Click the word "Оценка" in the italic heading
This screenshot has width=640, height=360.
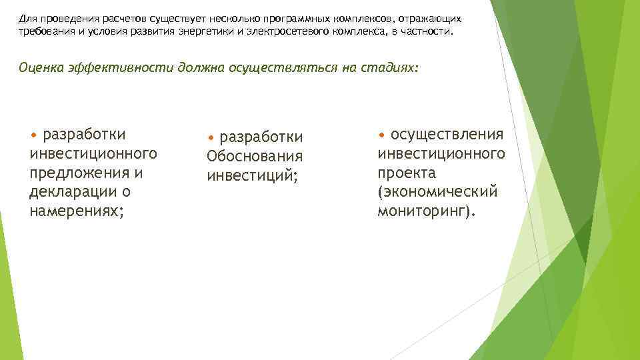(x=41, y=68)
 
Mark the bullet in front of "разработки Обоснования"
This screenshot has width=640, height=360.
(x=211, y=138)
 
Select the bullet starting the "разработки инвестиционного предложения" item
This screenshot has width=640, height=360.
(x=34, y=135)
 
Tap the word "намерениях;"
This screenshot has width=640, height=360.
(x=76, y=211)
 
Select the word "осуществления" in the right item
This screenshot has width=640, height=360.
(x=447, y=135)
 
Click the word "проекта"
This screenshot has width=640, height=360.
(x=407, y=173)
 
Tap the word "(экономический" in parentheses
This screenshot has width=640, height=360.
(x=437, y=193)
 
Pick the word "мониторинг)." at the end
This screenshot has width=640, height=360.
(x=427, y=212)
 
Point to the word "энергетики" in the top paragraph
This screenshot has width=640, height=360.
(x=204, y=32)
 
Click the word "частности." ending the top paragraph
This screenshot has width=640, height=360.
(x=429, y=32)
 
